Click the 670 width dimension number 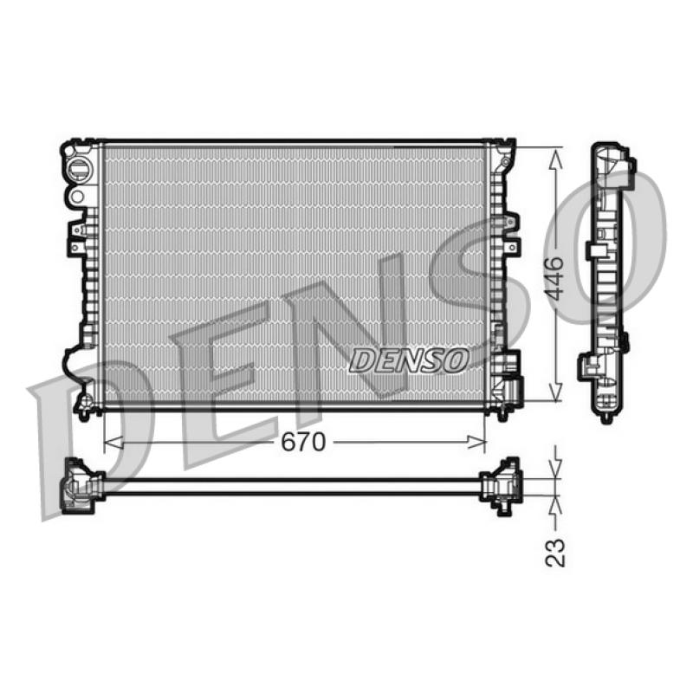(x=303, y=442)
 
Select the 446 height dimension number (x=554, y=279)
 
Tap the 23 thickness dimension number (x=555, y=553)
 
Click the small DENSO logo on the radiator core (x=409, y=359)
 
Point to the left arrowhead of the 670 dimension (x=113, y=442)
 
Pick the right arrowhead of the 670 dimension (x=476, y=442)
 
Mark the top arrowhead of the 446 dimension (x=555, y=158)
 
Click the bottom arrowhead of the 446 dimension (x=555, y=392)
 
